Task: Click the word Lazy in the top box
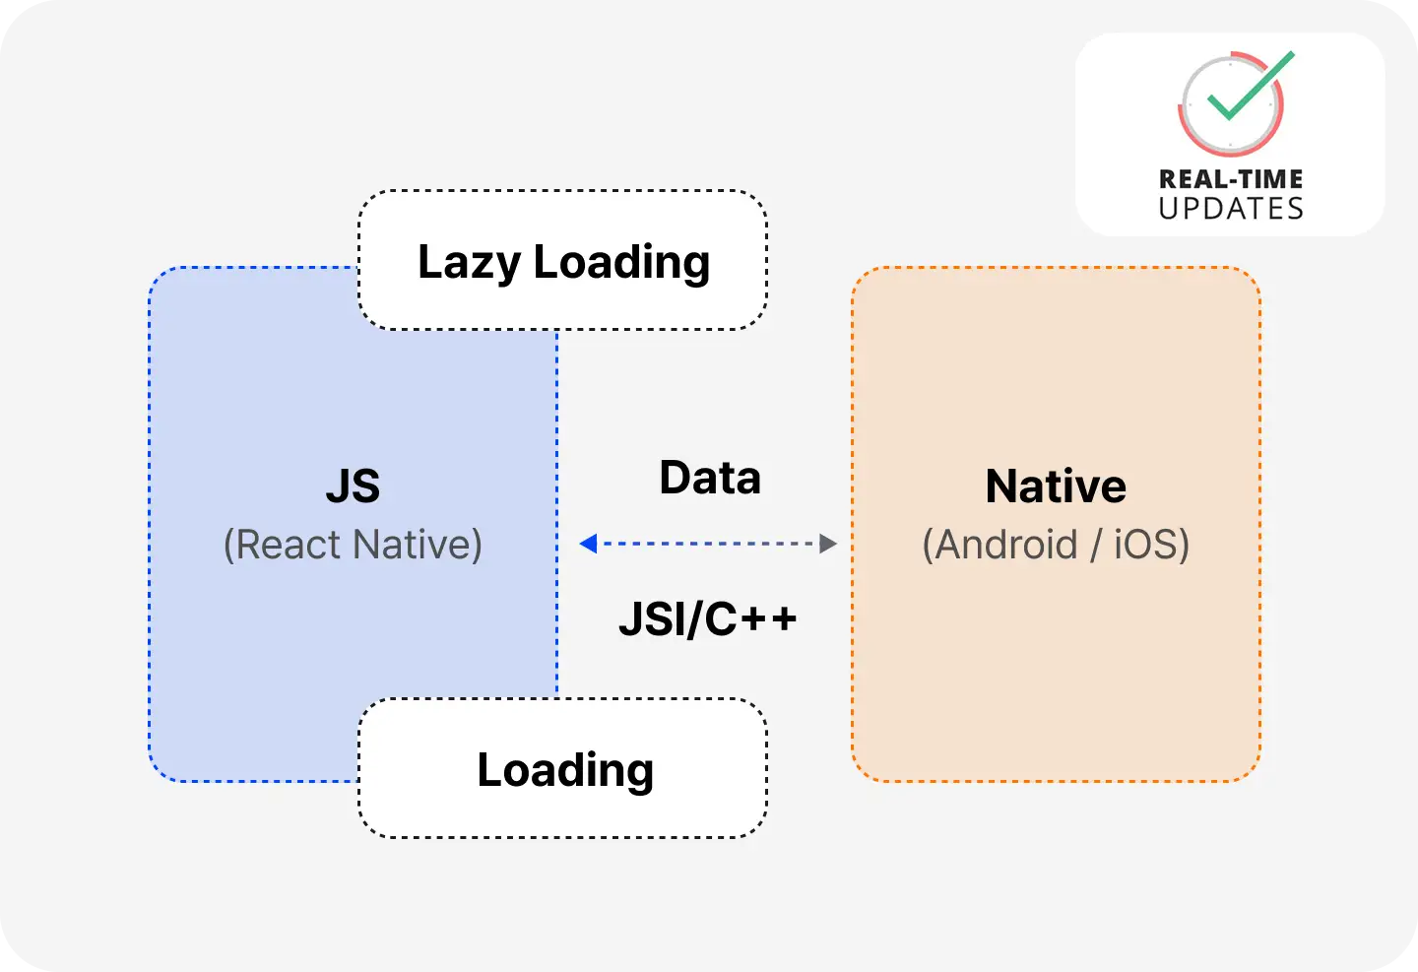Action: (x=469, y=263)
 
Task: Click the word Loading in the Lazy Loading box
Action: (x=621, y=263)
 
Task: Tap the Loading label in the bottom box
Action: (x=565, y=771)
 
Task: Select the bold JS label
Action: (x=353, y=486)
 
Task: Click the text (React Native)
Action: (x=353, y=545)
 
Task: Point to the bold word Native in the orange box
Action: (x=1056, y=486)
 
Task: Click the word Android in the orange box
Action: (x=999, y=545)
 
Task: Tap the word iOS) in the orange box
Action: (x=1152, y=545)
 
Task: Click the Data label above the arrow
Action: (x=710, y=478)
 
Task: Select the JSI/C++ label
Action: (x=708, y=618)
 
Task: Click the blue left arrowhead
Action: (x=588, y=544)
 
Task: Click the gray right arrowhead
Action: (x=828, y=544)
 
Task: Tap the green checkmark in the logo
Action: (x=1251, y=86)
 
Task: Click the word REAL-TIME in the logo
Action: (x=1231, y=179)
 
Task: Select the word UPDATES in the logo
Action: (x=1231, y=209)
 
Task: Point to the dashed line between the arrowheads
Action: (x=708, y=544)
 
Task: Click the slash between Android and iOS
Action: (x=1096, y=545)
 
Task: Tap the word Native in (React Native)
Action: (x=418, y=545)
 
